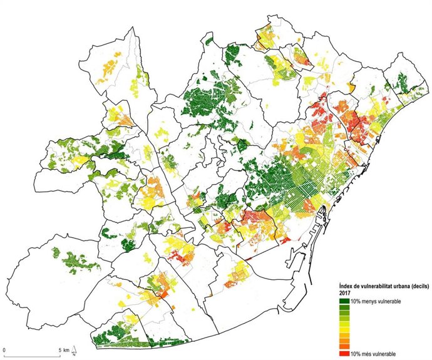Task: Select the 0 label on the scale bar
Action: click(x=5, y=349)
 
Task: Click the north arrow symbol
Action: click(x=74, y=348)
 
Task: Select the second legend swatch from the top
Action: click(x=344, y=308)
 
